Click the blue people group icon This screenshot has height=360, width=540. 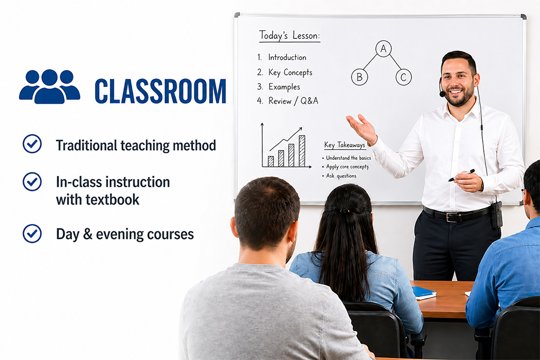coord(49,86)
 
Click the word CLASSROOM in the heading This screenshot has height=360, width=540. coord(160,91)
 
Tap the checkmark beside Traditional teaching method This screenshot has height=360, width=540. coord(32,144)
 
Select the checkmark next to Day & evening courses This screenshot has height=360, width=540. coord(32,233)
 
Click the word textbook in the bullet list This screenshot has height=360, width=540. coord(114,199)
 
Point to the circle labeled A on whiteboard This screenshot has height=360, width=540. coord(383,49)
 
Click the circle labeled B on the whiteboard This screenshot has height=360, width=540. coord(359,77)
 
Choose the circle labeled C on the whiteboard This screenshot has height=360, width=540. coord(403,77)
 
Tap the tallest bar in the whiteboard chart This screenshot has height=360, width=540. coord(302,151)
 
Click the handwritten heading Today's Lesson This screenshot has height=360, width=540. coord(289,36)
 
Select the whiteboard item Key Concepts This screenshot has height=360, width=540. coord(290,72)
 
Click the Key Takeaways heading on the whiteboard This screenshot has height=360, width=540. coord(345,145)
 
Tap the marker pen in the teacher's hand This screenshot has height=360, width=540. coord(461,175)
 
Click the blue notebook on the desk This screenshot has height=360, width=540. coord(424,293)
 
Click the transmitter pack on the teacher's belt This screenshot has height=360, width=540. coord(496,214)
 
